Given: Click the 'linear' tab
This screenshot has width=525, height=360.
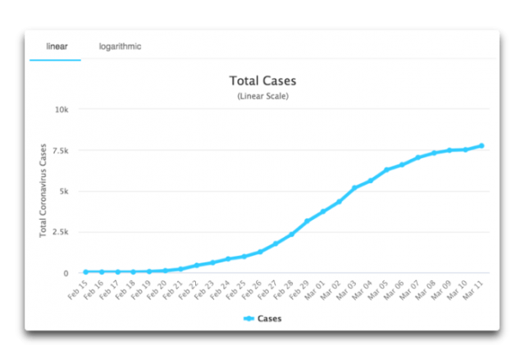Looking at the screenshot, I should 56,47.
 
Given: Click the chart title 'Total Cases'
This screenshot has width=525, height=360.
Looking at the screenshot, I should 262,82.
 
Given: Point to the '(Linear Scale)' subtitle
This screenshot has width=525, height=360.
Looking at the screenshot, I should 262,97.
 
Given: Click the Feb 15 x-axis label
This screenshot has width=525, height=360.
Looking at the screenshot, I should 78,290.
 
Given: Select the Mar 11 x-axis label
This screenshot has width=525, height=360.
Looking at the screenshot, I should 475,290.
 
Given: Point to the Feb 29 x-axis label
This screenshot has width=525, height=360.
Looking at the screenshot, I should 300,290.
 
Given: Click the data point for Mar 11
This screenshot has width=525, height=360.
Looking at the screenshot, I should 482,146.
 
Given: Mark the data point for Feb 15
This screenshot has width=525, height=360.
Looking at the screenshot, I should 85,271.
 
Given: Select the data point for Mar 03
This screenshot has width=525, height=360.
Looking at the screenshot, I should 354,188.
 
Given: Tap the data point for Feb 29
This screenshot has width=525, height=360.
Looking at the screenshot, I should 308,221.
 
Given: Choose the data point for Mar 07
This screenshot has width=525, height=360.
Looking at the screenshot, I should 418,157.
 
